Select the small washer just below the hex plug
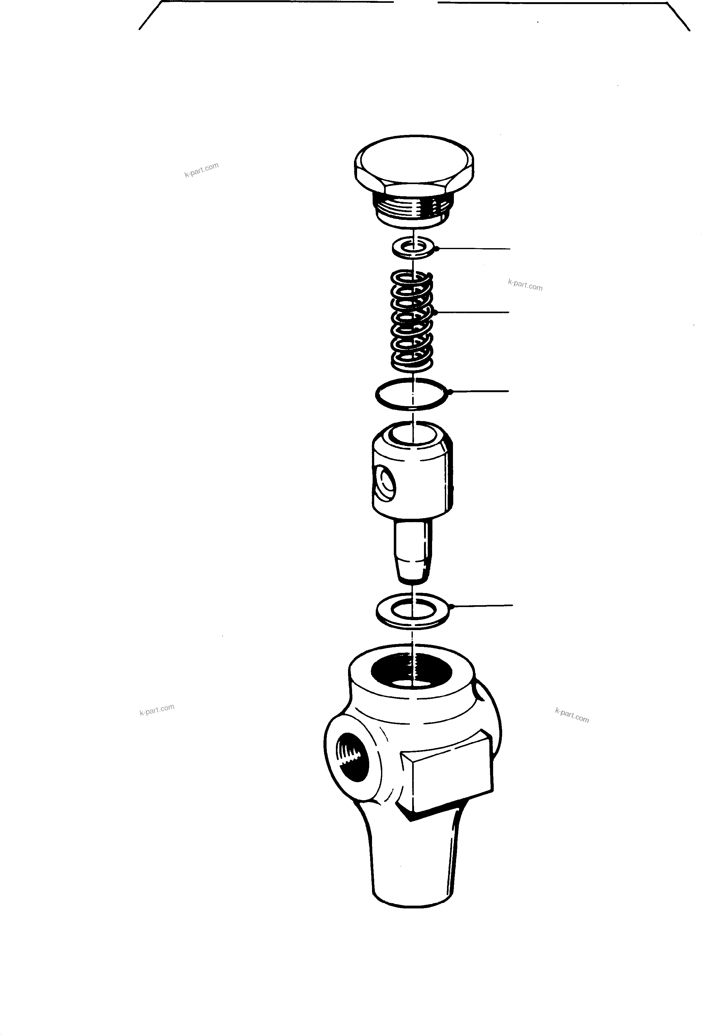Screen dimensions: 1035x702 click(413, 248)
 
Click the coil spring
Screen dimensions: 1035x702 click(412, 321)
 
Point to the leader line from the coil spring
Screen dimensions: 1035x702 click(473, 312)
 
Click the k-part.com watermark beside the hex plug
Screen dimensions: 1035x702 click(201, 170)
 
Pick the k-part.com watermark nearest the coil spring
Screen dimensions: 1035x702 click(525, 285)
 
